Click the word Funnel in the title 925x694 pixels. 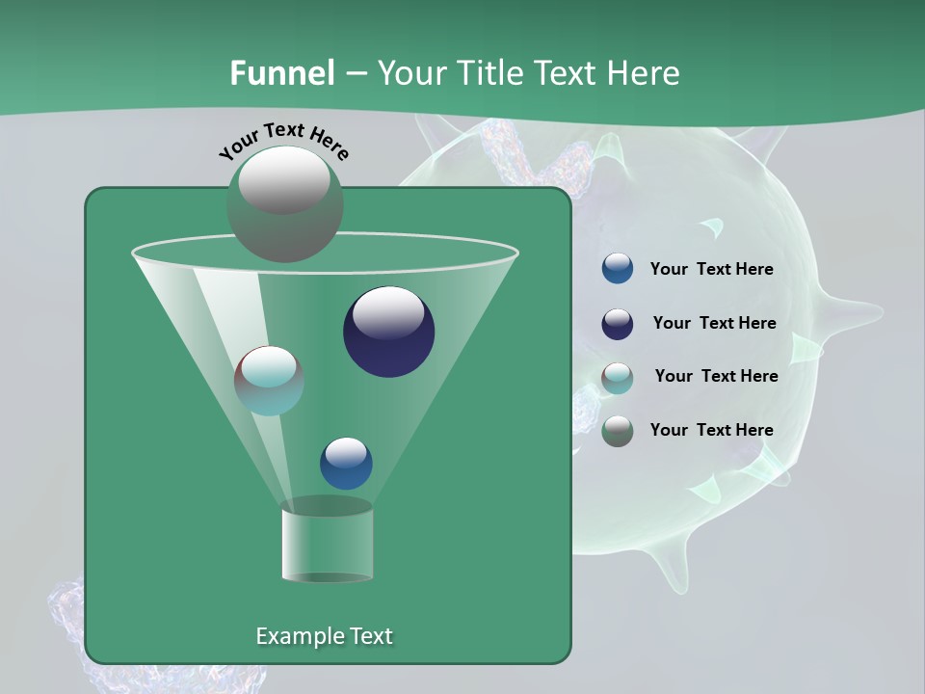(281, 73)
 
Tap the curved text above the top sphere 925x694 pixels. (284, 139)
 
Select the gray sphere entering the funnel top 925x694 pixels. (285, 203)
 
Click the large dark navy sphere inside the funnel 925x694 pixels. (388, 333)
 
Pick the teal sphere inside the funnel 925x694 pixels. (269, 381)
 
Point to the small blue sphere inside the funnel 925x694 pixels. (346, 464)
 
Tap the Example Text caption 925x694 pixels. (324, 636)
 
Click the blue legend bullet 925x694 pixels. (618, 269)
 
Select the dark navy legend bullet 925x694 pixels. (618, 324)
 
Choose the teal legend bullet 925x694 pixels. (618, 378)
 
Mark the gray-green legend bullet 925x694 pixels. (618, 431)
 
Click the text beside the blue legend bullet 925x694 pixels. (711, 270)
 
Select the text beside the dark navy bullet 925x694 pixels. (714, 323)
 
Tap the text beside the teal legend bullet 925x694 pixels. (716, 376)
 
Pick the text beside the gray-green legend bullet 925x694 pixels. (711, 430)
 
